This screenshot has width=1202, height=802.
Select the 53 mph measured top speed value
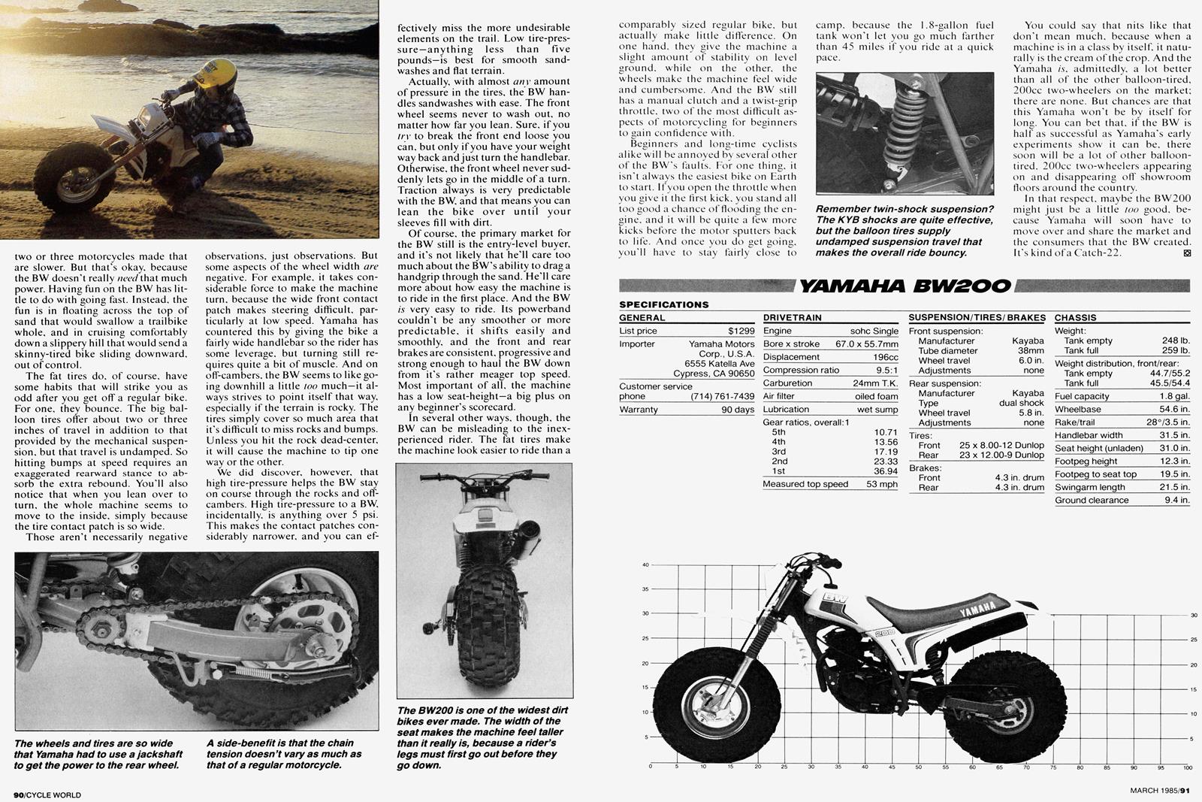[881, 484]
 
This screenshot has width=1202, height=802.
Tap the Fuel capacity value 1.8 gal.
[1175, 396]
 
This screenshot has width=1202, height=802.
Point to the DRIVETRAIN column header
[792, 318]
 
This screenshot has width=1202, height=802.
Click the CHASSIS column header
[1075, 318]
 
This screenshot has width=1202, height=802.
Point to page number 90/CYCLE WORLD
[47, 794]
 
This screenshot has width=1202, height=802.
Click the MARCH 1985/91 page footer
[1160, 789]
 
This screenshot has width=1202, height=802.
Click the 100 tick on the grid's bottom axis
[1187, 768]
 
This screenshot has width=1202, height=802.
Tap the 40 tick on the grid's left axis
[645, 565]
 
